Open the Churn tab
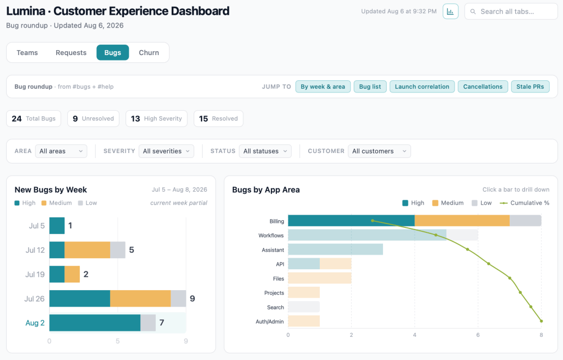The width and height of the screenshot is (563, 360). click(149, 52)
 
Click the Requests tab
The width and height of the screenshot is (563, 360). click(71, 52)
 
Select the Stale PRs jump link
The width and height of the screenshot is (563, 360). click(530, 86)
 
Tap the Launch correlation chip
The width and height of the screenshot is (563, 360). click(422, 86)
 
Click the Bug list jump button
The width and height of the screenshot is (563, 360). click(370, 86)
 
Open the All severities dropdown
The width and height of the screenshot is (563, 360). click(166, 151)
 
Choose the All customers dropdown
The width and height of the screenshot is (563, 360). click(379, 151)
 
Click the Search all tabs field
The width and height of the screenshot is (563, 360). click(511, 12)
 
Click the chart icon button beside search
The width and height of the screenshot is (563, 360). click(450, 12)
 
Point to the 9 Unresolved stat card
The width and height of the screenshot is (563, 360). click(93, 118)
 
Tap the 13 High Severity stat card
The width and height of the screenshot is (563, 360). click(156, 118)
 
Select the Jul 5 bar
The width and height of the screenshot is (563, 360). click(57, 226)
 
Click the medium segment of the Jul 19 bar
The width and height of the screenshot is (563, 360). click(72, 274)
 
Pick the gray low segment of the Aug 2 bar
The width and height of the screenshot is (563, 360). click(148, 323)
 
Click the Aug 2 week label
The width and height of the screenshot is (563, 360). click(35, 323)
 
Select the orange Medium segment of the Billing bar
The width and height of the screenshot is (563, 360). click(462, 221)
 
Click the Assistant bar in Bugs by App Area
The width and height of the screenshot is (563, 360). click(335, 249)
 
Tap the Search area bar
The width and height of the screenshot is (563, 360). click(304, 307)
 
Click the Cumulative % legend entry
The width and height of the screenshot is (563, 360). click(524, 203)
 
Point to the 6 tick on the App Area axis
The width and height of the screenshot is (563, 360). click(478, 335)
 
